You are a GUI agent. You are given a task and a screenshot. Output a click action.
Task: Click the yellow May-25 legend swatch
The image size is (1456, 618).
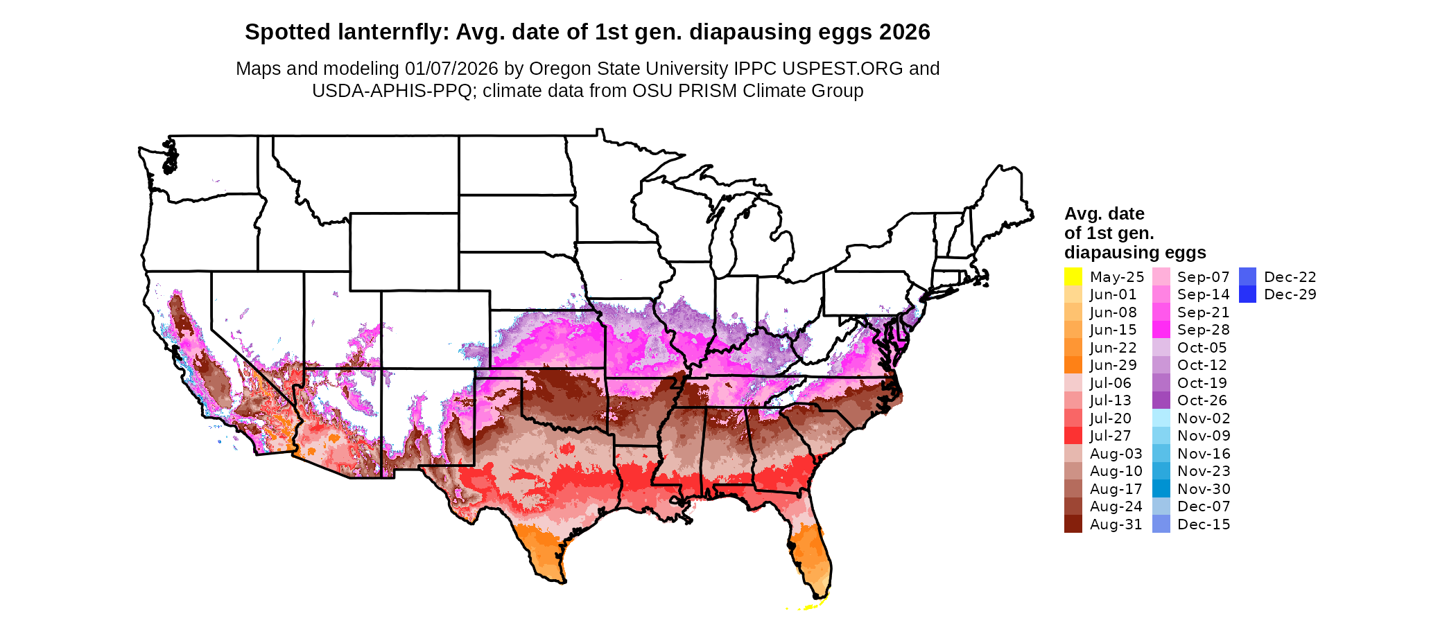pyautogui.click(x=1073, y=276)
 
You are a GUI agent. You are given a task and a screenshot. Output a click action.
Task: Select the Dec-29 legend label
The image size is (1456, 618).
pyautogui.click(x=1290, y=294)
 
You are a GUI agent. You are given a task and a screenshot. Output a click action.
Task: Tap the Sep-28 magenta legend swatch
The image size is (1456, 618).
pyautogui.click(x=1161, y=330)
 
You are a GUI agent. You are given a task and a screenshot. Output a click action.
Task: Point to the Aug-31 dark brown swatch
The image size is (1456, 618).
pyautogui.click(x=1073, y=524)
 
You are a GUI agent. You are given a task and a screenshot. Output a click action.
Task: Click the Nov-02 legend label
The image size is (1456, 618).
pyautogui.click(x=1204, y=418)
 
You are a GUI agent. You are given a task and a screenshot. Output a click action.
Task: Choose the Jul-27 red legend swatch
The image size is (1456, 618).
pyautogui.click(x=1073, y=436)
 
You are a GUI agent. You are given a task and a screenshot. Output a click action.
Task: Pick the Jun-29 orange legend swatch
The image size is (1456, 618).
pyautogui.click(x=1073, y=365)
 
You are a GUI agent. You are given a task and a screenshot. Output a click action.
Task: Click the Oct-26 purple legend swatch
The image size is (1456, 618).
pyautogui.click(x=1161, y=400)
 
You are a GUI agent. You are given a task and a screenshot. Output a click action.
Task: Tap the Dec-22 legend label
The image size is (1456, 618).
pyautogui.click(x=1290, y=277)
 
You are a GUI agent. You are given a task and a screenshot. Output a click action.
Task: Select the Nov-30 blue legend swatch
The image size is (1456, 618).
pyautogui.click(x=1161, y=489)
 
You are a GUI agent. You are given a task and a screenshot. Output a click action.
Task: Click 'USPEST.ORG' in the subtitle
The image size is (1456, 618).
pyautogui.click(x=842, y=69)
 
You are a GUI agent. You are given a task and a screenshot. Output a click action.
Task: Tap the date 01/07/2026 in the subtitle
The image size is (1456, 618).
pyautogui.click(x=451, y=69)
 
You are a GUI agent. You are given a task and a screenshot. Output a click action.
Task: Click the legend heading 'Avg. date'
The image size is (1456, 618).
pyautogui.click(x=1104, y=214)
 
